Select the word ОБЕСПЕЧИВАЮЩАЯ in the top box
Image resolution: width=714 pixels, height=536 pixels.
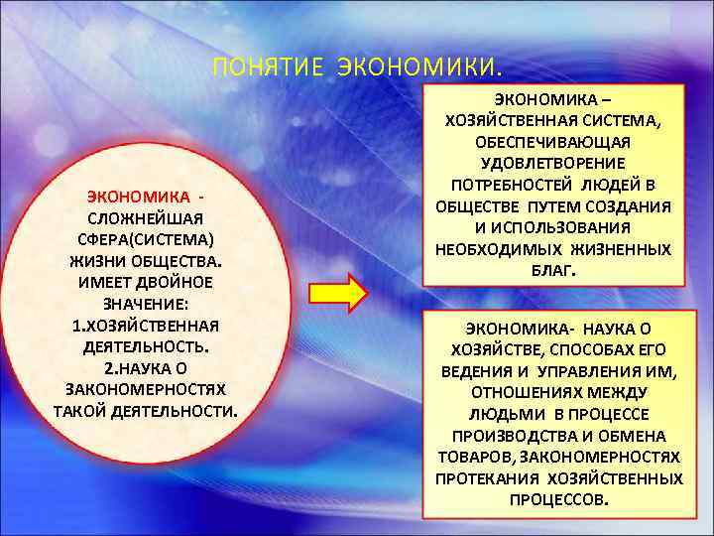(x=554, y=141)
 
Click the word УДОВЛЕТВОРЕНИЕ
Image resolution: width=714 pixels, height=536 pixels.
(x=554, y=163)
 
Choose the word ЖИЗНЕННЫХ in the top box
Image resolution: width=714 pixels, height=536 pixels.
(x=622, y=249)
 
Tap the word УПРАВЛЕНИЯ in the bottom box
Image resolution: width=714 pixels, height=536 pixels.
(x=586, y=371)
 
